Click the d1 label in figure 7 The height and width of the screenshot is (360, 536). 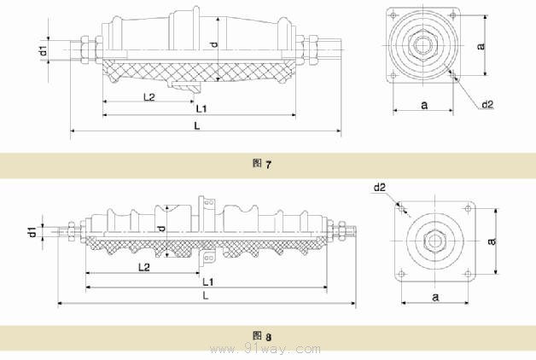44,50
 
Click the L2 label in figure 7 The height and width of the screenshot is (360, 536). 149,97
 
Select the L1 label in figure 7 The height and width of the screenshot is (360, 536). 201,109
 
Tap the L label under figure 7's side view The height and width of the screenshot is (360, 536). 197,126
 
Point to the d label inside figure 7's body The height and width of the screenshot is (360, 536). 213,44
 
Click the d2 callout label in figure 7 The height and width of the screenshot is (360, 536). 488,105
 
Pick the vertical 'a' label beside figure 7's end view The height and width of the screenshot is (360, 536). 481,46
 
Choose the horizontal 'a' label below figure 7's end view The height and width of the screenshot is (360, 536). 424,105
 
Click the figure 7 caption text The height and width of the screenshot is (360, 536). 262,164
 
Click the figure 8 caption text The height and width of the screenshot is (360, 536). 262,336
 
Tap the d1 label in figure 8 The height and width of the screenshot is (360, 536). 32,231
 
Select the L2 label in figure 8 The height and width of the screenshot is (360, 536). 144,267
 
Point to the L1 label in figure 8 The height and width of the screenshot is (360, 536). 208,282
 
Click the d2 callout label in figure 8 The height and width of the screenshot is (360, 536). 380,187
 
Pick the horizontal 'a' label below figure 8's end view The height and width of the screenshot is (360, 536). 435,297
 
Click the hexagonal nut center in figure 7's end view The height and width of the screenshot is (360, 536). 423,45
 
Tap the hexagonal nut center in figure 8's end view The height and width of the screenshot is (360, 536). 434,241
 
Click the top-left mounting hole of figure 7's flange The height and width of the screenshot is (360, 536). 393,15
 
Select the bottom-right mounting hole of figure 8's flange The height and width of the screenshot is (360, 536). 468,273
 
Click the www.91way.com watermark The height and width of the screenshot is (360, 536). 265,350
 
